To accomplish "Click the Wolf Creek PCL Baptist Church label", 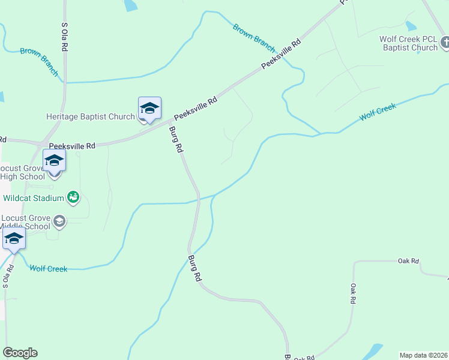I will tap(408, 43).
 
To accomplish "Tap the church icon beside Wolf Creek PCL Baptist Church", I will tap(445, 43).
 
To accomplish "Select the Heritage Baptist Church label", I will tap(90, 116).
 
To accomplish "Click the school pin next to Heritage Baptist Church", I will tap(149, 109).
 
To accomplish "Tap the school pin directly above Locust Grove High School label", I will tap(54, 161).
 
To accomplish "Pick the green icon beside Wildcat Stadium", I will tap(74, 197).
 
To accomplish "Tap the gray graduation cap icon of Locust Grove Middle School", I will tap(59, 222).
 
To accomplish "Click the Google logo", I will tap(20, 353).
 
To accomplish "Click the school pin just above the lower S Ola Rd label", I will tap(14, 239).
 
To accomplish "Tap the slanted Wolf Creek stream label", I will tap(378, 112).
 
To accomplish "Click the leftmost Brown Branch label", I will tap(40, 62).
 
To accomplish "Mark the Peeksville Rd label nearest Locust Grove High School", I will tap(72, 146).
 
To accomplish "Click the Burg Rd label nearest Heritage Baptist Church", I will tap(175, 140).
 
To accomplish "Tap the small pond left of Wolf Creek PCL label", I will tap(411, 26).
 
